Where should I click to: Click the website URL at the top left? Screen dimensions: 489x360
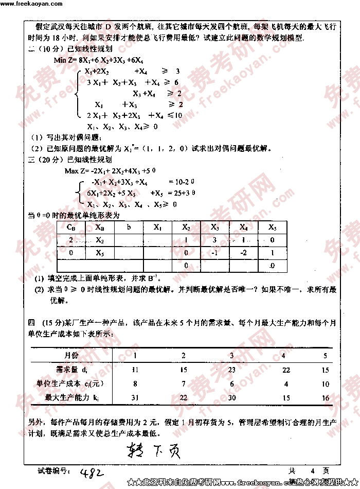(x=31, y=4)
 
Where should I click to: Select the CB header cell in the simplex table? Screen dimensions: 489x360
(x=71, y=226)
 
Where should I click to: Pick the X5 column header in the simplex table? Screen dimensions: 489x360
(x=272, y=226)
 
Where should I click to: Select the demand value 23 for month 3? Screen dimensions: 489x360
(x=231, y=370)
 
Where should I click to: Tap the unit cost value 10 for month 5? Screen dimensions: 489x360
(x=325, y=383)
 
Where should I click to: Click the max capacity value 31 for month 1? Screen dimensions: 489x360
(x=135, y=397)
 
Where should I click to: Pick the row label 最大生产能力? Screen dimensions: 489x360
(x=69, y=397)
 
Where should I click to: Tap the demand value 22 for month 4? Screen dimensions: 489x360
(x=286, y=370)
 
